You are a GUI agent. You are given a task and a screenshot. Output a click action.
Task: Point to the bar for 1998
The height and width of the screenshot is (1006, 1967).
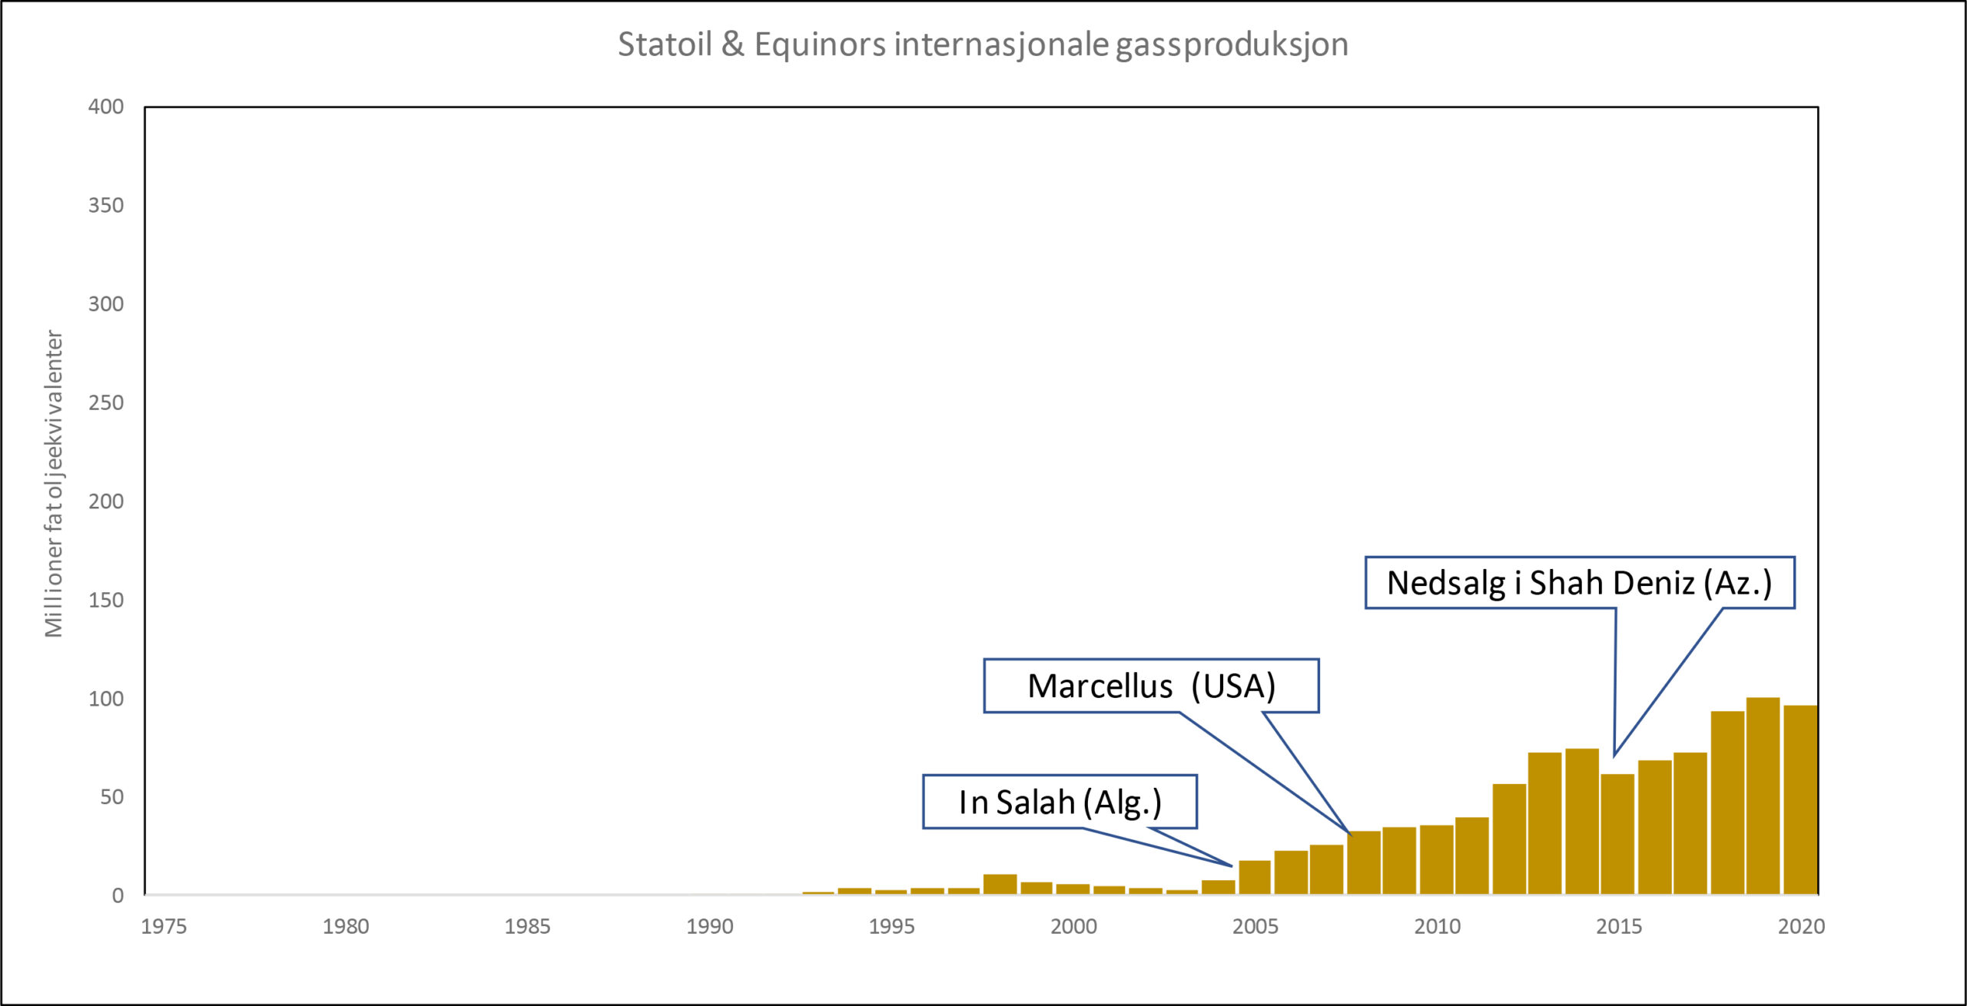(x=1000, y=885)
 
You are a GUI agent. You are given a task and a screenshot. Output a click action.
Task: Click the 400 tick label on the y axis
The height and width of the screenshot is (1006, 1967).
(x=106, y=107)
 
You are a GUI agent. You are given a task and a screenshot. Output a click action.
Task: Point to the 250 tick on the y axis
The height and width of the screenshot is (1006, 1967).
(x=106, y=403)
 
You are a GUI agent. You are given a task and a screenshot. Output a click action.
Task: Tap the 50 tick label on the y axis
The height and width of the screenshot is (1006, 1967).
(x=111, y=797)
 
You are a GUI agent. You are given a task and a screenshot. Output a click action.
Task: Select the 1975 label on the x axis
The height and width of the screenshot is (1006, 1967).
(x=164, y=927)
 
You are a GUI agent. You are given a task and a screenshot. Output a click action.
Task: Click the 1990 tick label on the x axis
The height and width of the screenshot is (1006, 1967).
(x=709, y=927)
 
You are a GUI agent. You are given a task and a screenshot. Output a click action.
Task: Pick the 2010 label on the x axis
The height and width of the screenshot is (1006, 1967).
(x=1437, y=927)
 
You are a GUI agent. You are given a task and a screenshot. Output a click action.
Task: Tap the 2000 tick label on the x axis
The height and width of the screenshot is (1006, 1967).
(x=1073, y=927)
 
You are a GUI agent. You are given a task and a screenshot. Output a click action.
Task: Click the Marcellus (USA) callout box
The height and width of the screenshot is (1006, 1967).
(x=1151, y=686)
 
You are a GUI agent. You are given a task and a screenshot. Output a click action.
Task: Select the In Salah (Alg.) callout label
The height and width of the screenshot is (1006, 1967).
(x=1060, y=802)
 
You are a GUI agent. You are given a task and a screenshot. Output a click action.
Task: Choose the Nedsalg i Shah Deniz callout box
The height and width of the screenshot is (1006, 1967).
(x=1579, y=583)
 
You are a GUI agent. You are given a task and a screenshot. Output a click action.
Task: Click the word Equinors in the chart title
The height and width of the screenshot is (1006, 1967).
(x=820, y=45)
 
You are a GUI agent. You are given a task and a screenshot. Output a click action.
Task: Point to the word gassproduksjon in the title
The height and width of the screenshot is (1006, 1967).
(x=1232, y=45)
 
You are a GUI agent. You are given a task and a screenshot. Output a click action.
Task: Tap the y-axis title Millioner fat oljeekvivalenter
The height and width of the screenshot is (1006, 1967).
(x=54, y=484)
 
